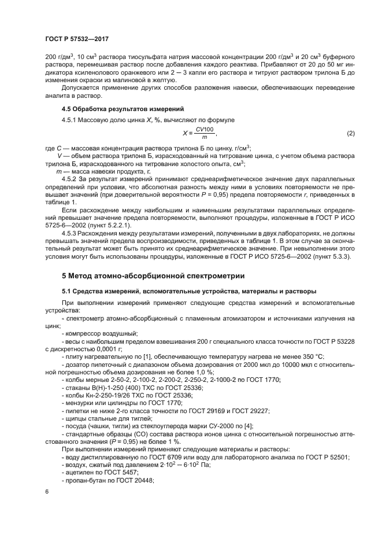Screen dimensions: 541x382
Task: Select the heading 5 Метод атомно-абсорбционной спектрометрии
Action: click(153, 275)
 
